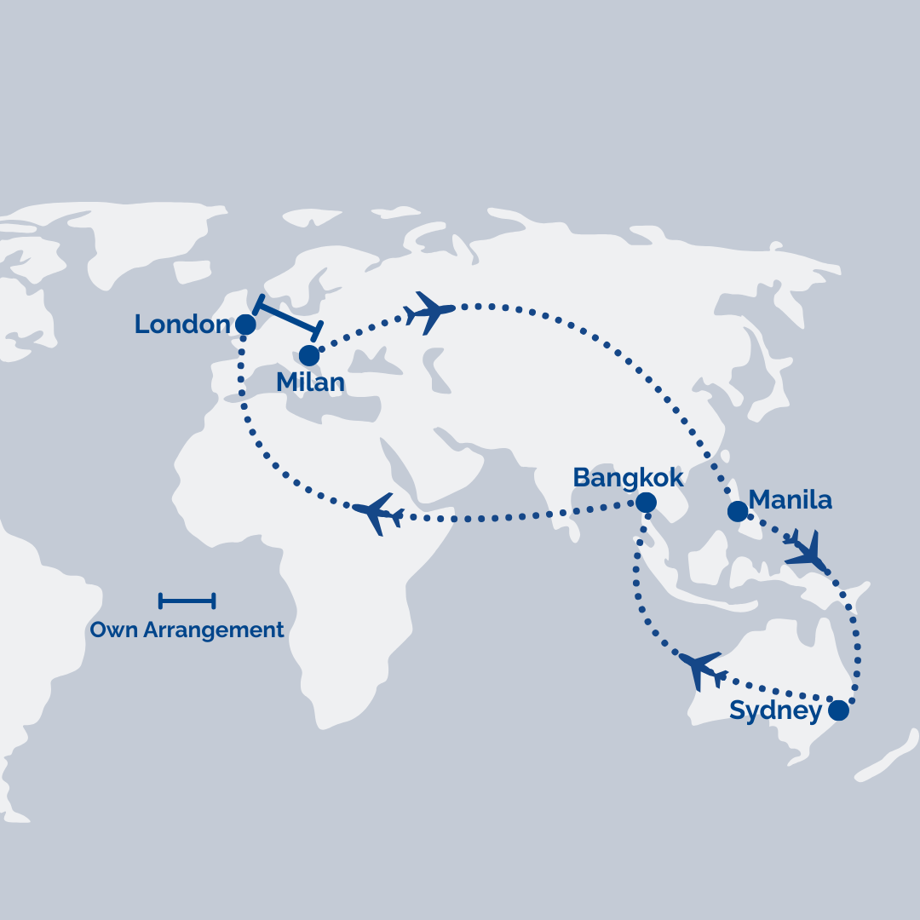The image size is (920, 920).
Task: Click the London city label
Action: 181,325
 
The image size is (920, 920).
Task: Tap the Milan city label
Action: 310,382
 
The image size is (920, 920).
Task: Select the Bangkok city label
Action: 628,478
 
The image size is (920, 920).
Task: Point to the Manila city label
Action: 790,500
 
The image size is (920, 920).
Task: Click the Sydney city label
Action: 775,711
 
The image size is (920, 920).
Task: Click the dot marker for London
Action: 245,325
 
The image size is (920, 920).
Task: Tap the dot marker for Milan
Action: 309,355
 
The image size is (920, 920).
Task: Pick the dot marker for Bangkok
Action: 646,503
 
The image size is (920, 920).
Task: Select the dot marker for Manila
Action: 738,511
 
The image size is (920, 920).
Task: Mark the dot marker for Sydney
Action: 839,710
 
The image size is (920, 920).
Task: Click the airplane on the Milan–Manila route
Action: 430,311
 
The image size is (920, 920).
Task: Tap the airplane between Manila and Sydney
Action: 806,551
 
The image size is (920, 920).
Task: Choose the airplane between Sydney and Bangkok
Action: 703,669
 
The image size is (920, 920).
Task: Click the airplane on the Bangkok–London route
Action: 377,513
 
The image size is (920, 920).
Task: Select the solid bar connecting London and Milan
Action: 289,317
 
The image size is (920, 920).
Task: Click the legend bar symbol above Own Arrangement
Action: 187,601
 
